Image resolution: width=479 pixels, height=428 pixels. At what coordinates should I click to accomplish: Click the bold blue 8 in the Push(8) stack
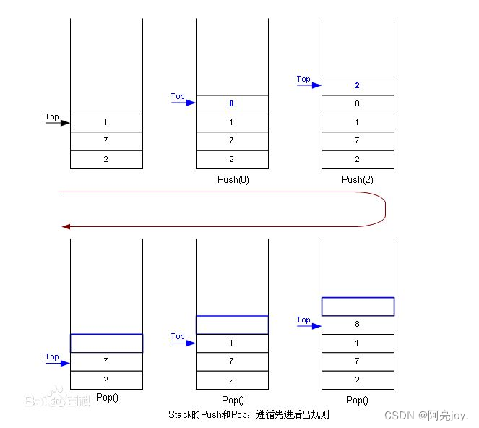click(x=231, y=104)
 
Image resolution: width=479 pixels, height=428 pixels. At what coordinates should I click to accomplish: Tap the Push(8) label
click(x=232, y=179)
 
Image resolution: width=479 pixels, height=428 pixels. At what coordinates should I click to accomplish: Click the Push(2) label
click(x=358, y=179)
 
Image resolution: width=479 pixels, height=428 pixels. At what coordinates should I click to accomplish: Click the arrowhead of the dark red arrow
click(x=66, y=226)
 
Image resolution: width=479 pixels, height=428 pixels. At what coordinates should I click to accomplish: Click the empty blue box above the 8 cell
click(x=358, y=307)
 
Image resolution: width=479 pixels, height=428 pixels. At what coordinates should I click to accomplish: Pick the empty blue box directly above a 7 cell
click(x=106, y=343)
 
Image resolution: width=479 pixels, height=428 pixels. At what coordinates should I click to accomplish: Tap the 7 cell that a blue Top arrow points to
click(x=106, y=361)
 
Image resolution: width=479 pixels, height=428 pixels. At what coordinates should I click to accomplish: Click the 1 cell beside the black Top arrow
click(x=106, y=123)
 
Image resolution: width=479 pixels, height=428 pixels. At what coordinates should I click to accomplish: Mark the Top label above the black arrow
click(x=52, y=116)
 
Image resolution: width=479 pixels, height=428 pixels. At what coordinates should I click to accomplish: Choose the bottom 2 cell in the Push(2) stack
click(x=358, y=160)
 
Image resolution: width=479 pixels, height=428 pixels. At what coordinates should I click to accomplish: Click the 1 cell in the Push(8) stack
click(x=232, y=123)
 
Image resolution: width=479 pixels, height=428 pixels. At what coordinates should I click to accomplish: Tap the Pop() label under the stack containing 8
click(x=358, y=400)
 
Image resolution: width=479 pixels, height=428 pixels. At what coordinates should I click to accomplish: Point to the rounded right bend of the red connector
click(x=384, y=210)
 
